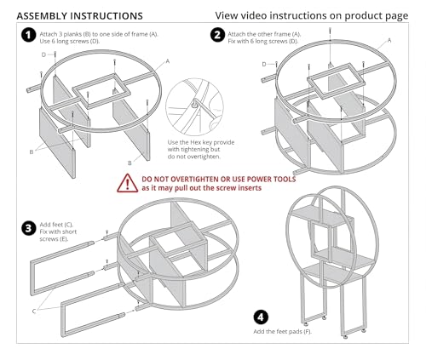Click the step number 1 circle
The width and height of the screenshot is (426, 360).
pyautogui.click(x=29, y=35)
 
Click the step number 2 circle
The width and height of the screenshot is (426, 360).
pyautogui.click(x=217, y=35)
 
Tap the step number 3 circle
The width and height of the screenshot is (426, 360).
pyautogui.click(x=29, y=228)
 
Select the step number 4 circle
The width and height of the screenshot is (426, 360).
pyautogui.click(x=261, y=317)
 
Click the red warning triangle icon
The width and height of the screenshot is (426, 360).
pyautogui.click(x=128, y=183)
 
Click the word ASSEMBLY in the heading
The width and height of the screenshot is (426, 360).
pyautogui.click(x=43, y=16)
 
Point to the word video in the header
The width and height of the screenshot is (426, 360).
pyautogui.click(x=254, y=15)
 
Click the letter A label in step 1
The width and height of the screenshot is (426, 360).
pyautogui.click(x=168, y=61)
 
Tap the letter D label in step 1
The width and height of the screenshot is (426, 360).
pyautogui.click(x=43, y=54)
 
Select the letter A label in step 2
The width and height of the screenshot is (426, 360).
pyautogui.click(x=389, y=41)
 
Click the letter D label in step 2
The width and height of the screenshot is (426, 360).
pyautogui.click(x=264, y=65)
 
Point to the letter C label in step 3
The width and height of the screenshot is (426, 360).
pyautogui.click(x=34, y=311)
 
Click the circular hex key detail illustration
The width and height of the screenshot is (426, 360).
pyautogui.click(x=195, y=107)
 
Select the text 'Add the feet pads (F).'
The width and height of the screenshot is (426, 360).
pyautogui.click(x=283, y=331)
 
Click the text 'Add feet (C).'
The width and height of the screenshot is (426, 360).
pyautogui.click(x=56, y=225)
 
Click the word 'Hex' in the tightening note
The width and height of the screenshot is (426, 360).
pyautogui.click(x=195, y=142)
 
